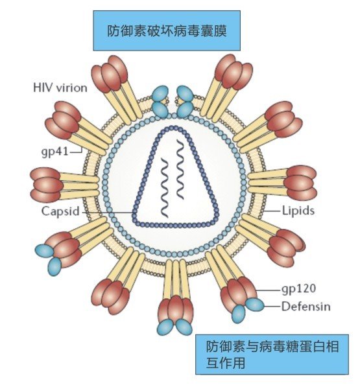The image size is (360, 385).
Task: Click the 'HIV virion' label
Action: pyautogui.click(x=60, y=87)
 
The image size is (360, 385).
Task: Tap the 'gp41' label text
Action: pyautogui.click(x=54, y=152)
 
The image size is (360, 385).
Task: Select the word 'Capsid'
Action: pyautogui.click(x=60, y=211)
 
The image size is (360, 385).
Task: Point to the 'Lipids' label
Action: pyautogui.click(x=298, y=211)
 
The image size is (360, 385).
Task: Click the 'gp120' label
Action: pyautogui.click(x=299, y=289)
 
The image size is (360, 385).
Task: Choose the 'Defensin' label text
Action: pyautogui.click(x=306, y=307)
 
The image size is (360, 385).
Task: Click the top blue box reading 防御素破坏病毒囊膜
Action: pyautogui.click(x=167, y=30)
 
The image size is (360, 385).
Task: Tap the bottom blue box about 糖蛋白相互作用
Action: pyautogui.click(x=272, y=355)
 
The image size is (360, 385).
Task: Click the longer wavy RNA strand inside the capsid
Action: pyautogui.click(x=180, y=169)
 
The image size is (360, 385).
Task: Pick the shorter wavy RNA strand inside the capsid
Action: pyautogui.click(x=164, y=188)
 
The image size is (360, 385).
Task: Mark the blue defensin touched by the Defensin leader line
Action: pyautogui.click(x=255, y=305)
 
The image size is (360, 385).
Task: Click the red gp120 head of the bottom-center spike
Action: pyautogui.click(x=175, y=309)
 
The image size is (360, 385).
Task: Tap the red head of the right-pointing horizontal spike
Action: pyautogui.click(x=300, y=183)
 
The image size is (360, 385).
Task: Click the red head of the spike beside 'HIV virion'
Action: pyautogui.click(x=110, y=74)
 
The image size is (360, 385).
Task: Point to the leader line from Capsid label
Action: pyautogui.click(x=108, y=212)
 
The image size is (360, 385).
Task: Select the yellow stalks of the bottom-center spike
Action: pyautogui.click(x=176, y=279)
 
